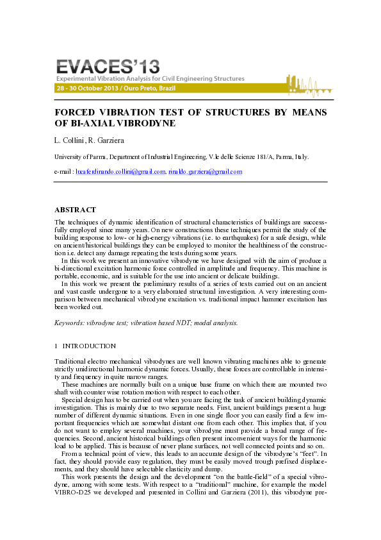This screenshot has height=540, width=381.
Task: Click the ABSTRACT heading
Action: (75, 210)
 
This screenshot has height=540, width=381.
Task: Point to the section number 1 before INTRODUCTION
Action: (56, 346)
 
